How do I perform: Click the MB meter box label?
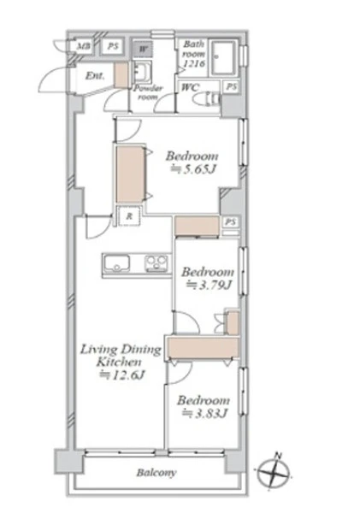tap(83, 46)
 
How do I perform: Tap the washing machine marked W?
tap(143, 50)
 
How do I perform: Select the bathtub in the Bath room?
tap(223, 58)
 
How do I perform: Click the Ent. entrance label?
tap(95, 76)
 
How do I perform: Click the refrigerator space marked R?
tap(130, 216)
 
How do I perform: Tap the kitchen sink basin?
tap(116, 263)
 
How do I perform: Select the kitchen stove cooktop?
tap(156, 263)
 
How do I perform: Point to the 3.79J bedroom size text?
tap(210, 286)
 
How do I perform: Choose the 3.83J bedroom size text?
tap(204, 414)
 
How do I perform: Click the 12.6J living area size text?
tap(121, 375)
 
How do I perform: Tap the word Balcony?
tap(156, 473)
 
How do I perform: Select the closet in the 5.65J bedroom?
tap(130, 174)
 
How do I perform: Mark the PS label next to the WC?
tap(232, 87)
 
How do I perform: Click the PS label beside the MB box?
tap(113, 46)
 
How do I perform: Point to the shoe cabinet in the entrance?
tap(121, 75)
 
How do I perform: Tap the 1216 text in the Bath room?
tap(194, 63)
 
